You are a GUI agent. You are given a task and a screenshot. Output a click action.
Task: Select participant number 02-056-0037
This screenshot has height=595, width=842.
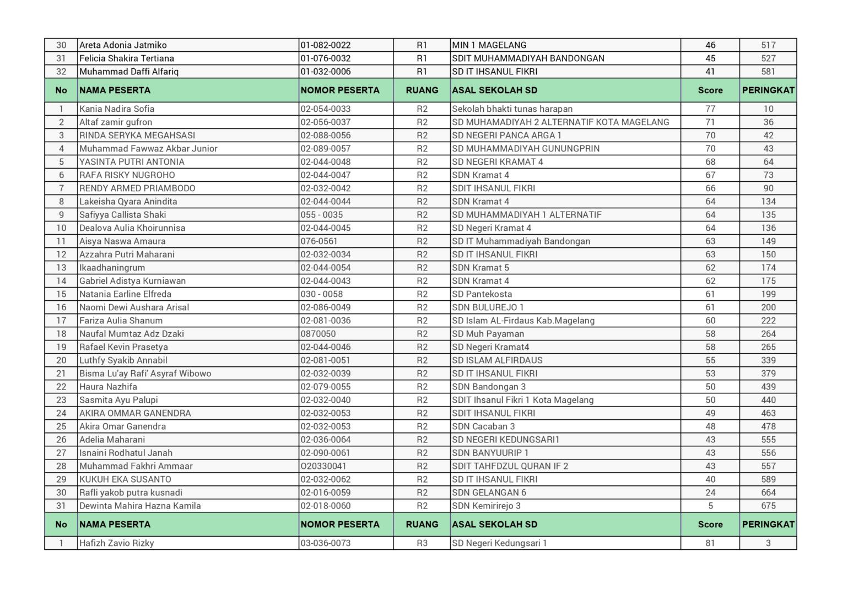tap(326, 122)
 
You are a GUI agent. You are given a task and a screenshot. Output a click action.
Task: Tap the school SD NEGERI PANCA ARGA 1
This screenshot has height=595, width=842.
tap(506, 136)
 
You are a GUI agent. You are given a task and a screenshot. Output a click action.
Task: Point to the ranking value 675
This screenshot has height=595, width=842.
tap(768, 506)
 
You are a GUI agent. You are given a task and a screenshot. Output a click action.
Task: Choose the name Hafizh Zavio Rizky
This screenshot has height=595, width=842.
tap(117, 543)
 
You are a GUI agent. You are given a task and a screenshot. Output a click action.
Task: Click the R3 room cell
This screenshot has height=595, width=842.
tap(422, 543)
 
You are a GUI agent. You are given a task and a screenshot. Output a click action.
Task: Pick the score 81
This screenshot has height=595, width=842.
tap(710, 543)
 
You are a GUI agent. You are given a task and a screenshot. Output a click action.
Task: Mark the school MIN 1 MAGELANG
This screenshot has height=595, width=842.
tap(489, 45)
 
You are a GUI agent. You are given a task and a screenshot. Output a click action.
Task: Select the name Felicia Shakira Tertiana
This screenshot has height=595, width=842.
tap(127, 58)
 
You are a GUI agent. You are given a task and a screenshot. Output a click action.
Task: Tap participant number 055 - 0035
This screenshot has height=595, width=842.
tap(322, 215)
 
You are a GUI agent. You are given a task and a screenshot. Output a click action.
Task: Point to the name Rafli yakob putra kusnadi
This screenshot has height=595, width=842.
tap(131, 493)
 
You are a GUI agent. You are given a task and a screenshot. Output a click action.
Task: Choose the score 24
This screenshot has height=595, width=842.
tap(710, 493)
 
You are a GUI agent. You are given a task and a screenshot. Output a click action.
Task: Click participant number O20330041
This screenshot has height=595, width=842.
tap(323, 466)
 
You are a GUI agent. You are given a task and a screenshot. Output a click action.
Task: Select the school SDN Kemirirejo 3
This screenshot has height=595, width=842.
tap(487, 506)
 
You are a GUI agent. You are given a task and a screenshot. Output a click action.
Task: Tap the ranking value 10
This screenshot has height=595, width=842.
tap(768, 109)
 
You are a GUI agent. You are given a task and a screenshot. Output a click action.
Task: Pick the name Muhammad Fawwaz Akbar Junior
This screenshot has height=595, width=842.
tap(148, 149)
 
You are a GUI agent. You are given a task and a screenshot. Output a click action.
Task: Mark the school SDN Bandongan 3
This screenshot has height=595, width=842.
tap(489, 387)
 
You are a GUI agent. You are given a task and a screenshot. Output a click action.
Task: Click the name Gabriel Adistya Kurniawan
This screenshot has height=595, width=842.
tap(132, 281)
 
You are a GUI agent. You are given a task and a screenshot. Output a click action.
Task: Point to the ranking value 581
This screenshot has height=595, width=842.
tap(768, 72)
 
